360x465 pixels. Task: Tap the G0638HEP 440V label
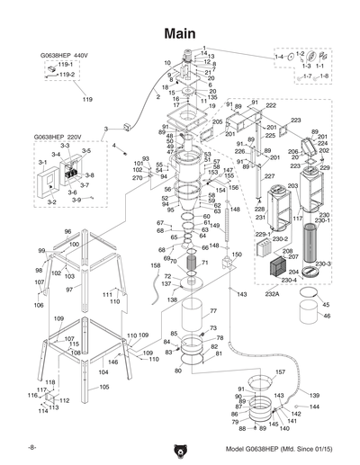click(x=62, y=55)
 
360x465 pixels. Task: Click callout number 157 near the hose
click(x=280, y=371)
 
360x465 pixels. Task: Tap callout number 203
click(x=292, y=186)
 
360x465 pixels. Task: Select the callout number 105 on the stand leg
click(x=104, y=386)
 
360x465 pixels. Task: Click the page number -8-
click(x=31, y=447)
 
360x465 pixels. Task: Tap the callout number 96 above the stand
click(x=67, y=232)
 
